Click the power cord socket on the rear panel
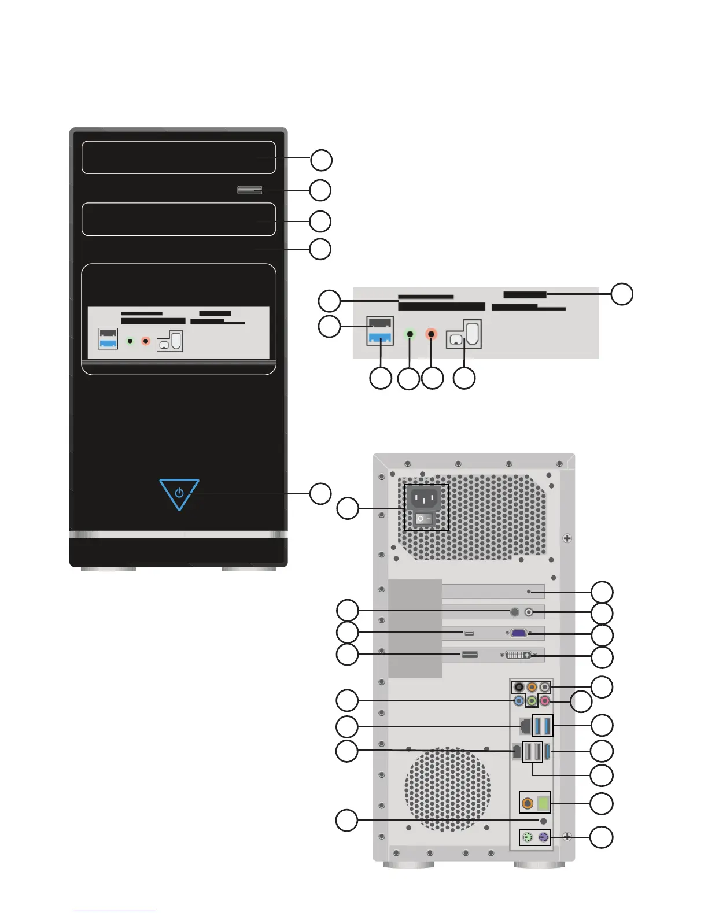pyautogui.click(x=425, y=498)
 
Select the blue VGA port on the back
pyautogui.click(x=518, y=633)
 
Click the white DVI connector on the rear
pyautogui.click(x=518, y=655)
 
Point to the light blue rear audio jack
pyautogui.click(x=519, y=701)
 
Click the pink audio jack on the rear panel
pyautogui.click(x=544, y=701)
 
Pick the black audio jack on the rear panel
pyautogui.click(x=519, y=687)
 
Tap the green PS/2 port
pyautogui.click(x=527, y=837)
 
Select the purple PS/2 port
pyautogui.click(x=543, y=837)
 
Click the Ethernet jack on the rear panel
pyautogui.click(x=525, y=725)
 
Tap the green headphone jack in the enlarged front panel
pyautogui.click(x=410, y=334)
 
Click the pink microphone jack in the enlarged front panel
pyautogui.click(x=432, y=334)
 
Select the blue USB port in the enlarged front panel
pyautogui.click(x=380, y=337)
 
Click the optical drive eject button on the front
pyautogui.click(x=249, y=190)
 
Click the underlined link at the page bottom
pyautogui.click(x=115, y=911)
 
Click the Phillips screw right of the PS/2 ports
pyautogui.click(x=567, y=836)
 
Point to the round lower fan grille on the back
pyautogui.click(x=447, y=789)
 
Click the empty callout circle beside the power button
pyautogui.click(x=320, y=493)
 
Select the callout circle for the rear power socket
pyautogui.click(x=348, y=508)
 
